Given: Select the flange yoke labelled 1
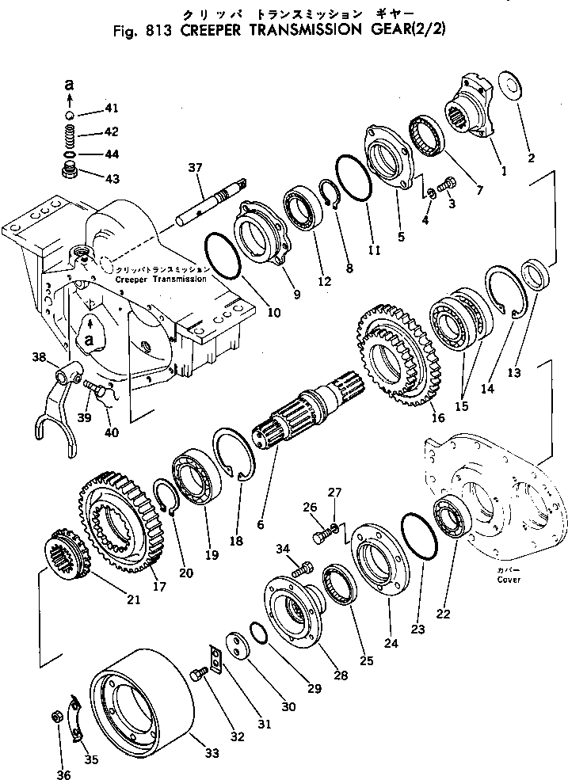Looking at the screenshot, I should (x=471, y=111).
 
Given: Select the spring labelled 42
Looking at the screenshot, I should (x=70, y=131).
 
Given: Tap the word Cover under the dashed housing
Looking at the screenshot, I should (x=509, y=579).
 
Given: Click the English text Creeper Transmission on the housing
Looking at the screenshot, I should (x=161, y=280).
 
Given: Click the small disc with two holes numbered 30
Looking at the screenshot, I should (x=236, y=644).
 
